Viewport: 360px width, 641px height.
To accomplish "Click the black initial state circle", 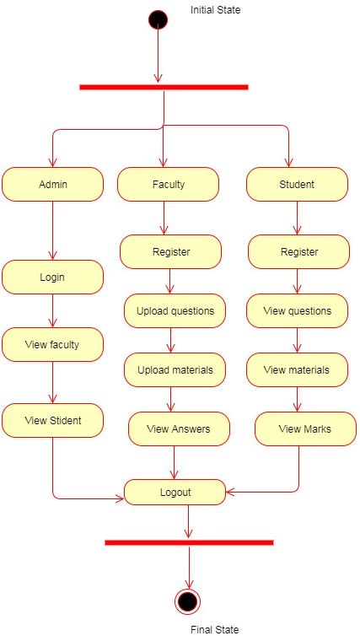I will click(x=158, y=19).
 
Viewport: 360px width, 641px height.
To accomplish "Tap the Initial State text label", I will click(x=216, y=10).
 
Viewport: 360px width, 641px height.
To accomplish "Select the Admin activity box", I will click(x=52, y=184).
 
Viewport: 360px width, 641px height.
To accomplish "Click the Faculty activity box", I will click(x=168, y=184).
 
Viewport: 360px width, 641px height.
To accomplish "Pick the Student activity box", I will click(x=296, y=184).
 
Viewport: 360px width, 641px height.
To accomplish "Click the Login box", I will click(x=52, y=277).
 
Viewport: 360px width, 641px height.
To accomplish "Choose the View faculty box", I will click(x=52, y=344).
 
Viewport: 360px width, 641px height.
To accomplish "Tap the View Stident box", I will click(x=52, y=420).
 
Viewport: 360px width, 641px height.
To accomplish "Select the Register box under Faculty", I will click(x=170, y=251).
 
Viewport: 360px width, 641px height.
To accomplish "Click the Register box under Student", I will click(x=298, y=251).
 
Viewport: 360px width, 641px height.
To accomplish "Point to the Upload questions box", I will click(x=175, y=310).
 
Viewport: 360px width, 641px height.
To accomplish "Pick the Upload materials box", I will click(x=175, y=369).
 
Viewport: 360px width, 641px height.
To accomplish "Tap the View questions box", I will click(x=297, y=310).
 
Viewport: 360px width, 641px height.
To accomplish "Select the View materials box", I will click(x=297, y=369).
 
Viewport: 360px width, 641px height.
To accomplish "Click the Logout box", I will click(x=175, y=492).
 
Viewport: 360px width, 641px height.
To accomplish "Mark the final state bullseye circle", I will click(x=188, y=601).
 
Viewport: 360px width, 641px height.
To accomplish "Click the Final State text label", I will click(x=214, y=629).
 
